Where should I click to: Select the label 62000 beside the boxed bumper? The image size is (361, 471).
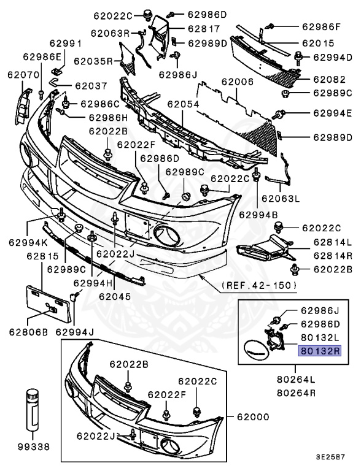(258, 417)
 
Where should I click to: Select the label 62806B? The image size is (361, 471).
(29, 332)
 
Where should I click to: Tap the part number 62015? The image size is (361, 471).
(317, 44)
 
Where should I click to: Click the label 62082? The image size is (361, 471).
(330, 79)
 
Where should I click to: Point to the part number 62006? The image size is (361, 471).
(238, 82)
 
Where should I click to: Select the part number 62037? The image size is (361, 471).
(91, 86)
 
